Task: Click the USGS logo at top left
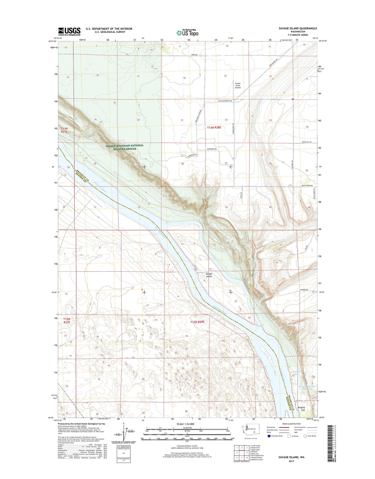tap(69, 31)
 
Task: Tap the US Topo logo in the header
tap(188, 33)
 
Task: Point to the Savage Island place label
tap(209, 275)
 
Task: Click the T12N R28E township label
tap(197, 322)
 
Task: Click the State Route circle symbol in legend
tap(305, 436)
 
